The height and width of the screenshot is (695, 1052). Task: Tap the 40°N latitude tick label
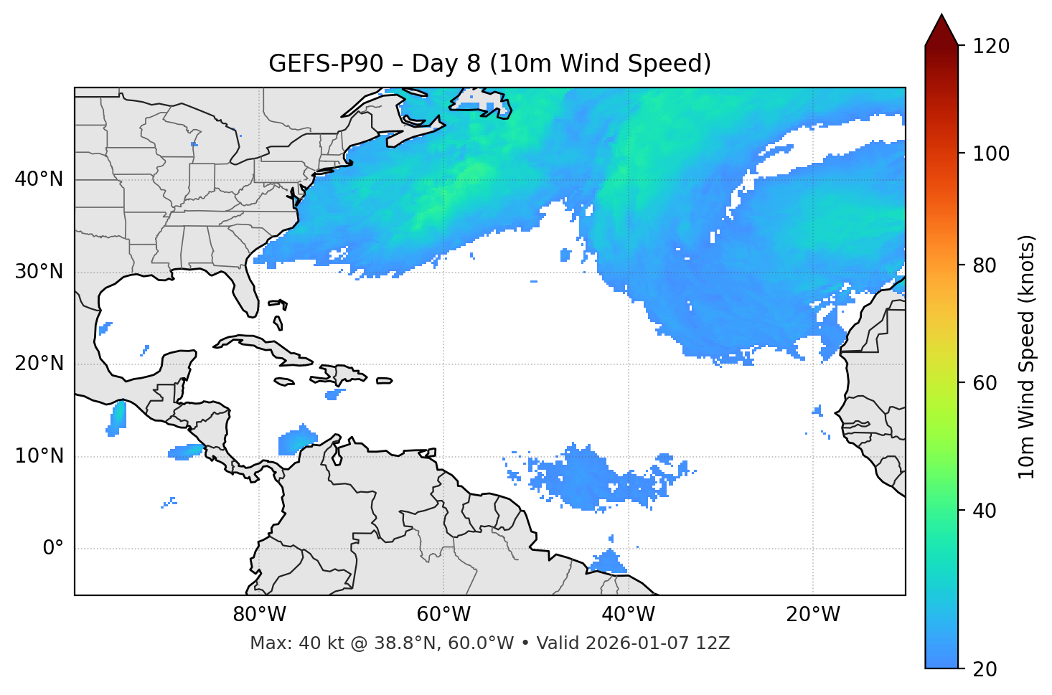pyautogui.click(x=39, y=179)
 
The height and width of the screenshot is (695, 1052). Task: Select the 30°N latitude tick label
pyautogui.click(x=39, y=272)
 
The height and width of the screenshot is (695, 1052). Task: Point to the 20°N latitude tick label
pyautogui.click(x=39, y=364)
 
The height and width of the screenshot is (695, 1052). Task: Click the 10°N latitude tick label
pyautogui.click(x=39, y=456)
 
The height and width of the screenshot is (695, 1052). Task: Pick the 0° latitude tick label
pyautogui.click(x=53, y=549)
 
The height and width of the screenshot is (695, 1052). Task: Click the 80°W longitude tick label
pyautogui.click(x=259, y=615)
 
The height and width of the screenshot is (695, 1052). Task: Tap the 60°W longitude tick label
pyautogui.click(x=443, y=615)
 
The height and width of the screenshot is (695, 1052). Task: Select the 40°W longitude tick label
pyautogui.click(x=628, y=615)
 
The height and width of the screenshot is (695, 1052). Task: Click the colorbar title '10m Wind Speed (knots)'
pyautogui.click(x=1028, y=356)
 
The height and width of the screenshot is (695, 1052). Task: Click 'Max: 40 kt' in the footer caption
pyautogui.click(x=282, y=643)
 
